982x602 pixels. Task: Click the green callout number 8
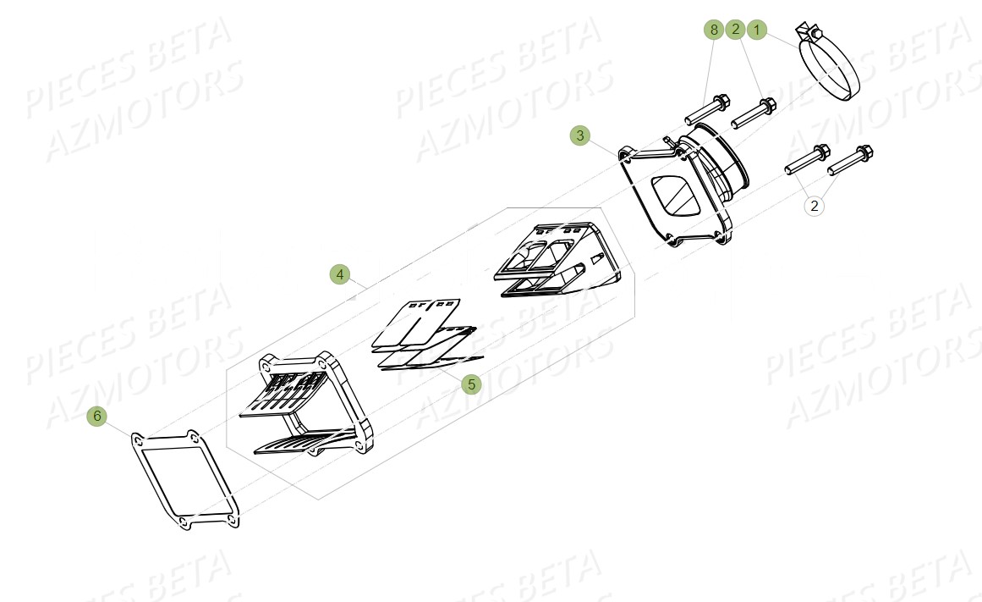[x=714, y=30]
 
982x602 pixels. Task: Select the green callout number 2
[x=735, y=30]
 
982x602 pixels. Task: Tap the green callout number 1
[x=757, y=30]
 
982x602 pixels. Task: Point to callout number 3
[x=579, y=135]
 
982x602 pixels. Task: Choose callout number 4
[x=338, y=274]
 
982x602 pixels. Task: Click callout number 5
[x=471, y=384]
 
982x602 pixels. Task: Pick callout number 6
[x=96, y=416]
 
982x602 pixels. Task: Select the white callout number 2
[x=814, y=205]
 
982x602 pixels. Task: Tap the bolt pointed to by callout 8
[x=706, y=108]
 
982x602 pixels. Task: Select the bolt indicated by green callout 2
[x=753, y=113]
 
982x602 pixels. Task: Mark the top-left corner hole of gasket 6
[x=137, y=439]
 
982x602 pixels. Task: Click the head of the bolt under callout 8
[x=721, y=102]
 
